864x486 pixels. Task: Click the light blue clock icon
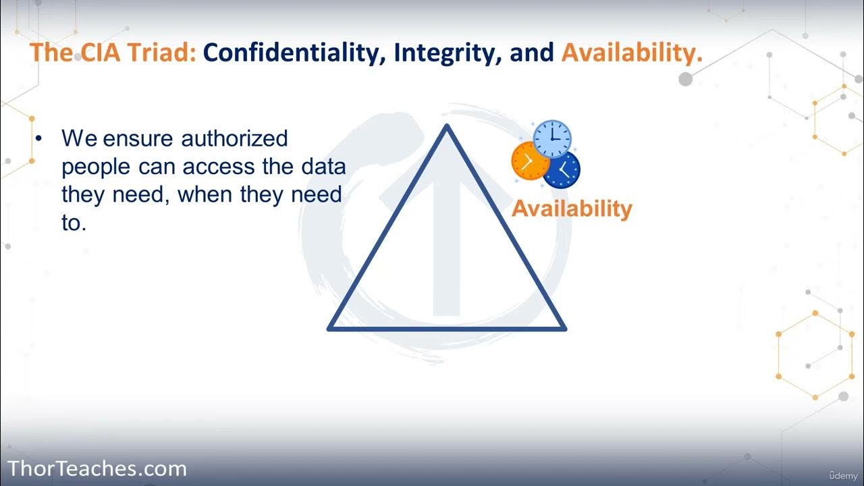[x=552, y=138]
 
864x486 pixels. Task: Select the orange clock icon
[x=531, y=162]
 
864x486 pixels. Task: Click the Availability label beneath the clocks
[x=572, y=209]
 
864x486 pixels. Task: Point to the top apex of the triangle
[x=446, y=127]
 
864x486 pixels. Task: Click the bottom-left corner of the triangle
[x=330, y=328]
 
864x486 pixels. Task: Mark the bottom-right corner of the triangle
[x=564, y=328]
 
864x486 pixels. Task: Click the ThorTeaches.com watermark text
[x=97, y=468]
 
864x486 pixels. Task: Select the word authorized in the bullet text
[x=234, y=138]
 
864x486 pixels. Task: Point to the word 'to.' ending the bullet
[x=74, y=223]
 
